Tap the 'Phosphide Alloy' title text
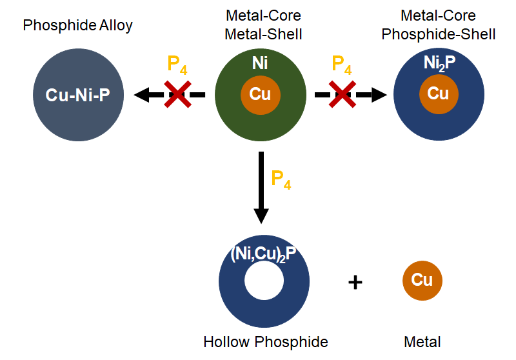pos(77,26)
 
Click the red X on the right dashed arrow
pos(342,95)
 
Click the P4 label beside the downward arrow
pos(281,179)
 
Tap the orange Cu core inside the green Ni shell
pos(260,95)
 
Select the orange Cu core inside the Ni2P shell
pos(438,94)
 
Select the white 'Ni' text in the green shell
pos(260,63)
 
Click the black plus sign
pos(355,282)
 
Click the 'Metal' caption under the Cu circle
pos(422,342)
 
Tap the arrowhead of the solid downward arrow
pos(261,214)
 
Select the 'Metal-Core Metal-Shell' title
pos(263,25)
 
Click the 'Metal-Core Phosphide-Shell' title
pos(439,25)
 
